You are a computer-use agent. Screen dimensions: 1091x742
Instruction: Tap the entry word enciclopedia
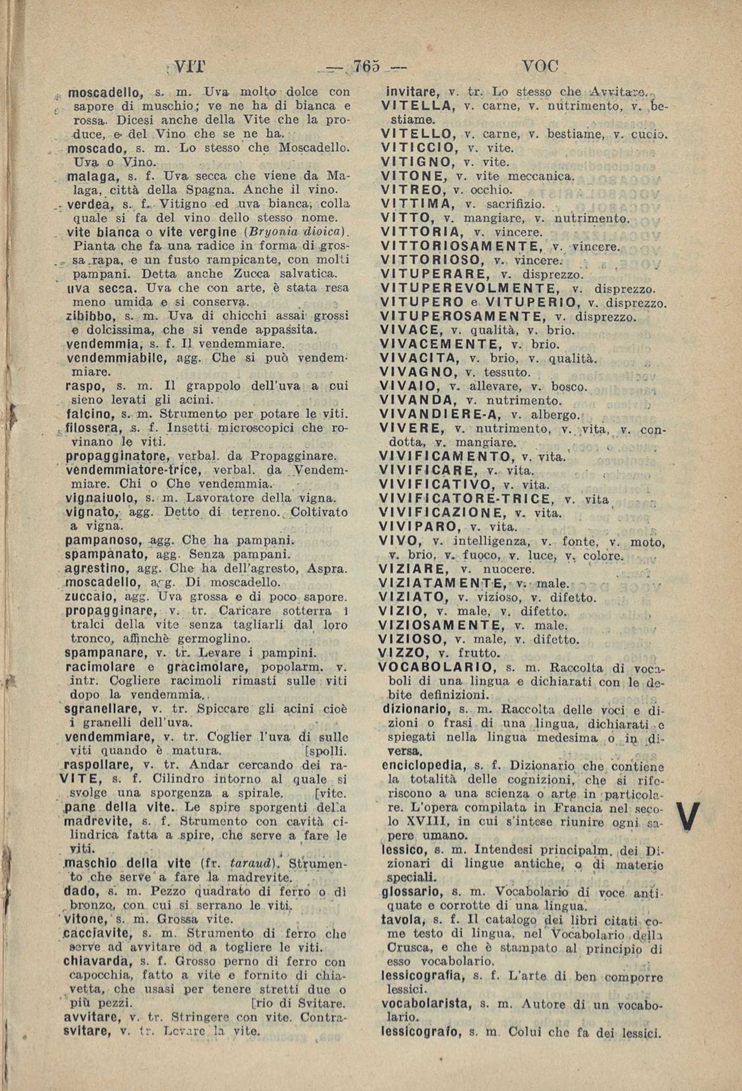(x=424, y=766)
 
